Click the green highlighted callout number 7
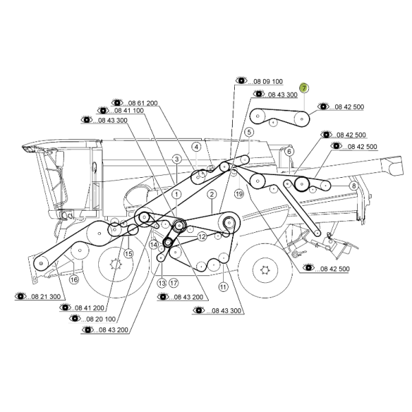point(304,88)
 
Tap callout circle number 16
point(74,279)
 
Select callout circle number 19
point(239,194)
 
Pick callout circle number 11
point(223,286)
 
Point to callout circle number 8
point(354,186)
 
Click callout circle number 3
point(177,159)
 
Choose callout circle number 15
point(128,254)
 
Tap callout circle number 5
point(249,132)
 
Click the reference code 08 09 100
point(268,82)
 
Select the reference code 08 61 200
point(143,103)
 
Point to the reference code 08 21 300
point(46,297)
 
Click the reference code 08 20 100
point(101,319)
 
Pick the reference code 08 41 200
point(89,308)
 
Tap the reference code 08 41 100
point(129,111)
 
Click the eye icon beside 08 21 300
point(21,296)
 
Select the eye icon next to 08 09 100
point(241,80)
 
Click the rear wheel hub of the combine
point(264,270)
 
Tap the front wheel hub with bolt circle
point(115,264)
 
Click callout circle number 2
point(211,194)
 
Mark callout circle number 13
point(162,283)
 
